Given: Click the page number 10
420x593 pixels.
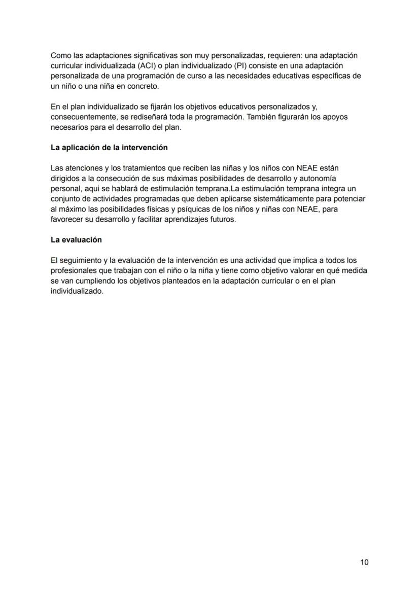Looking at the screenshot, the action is [x=364, y=562].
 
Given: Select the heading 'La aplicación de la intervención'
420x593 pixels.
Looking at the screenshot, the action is [x=109, y=148].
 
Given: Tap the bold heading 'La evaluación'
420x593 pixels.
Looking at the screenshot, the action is [x=76, y=239].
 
